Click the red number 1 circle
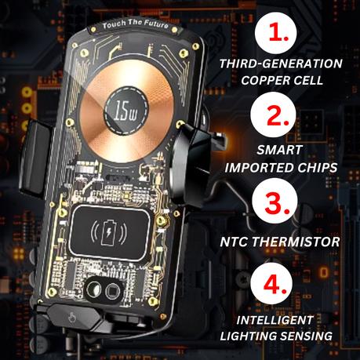point(275,33)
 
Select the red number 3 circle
point(275,202)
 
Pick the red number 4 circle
point(272,283)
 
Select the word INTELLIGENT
point(275,320)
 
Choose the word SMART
point(280,150)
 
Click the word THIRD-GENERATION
point(281,64)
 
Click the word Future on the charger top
point(156,24)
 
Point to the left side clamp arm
point(34,157)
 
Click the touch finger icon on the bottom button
point(71,317)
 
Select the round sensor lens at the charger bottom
point(94,289)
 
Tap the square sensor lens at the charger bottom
point(113,291)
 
